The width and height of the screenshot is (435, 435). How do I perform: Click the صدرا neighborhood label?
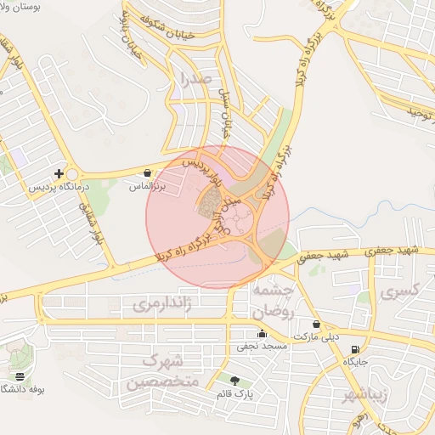point(190,81)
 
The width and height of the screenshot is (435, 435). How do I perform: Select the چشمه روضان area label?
point(274,300)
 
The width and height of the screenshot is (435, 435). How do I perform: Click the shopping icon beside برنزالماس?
point(149,172)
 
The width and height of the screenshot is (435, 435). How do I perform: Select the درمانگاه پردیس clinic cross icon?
point(59,173)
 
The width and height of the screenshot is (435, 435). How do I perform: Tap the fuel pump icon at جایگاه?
point(354,348)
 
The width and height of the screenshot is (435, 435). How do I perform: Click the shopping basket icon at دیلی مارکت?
point(316,324)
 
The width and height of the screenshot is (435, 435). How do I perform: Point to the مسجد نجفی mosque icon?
point(262,334)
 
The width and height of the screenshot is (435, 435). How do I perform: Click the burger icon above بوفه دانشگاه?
point(20,376)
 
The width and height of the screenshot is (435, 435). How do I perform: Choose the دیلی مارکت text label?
point(316,336)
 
